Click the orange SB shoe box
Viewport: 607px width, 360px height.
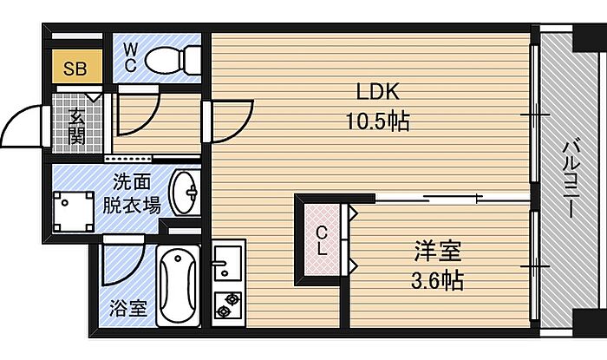[76, 67]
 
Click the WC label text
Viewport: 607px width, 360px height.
[131, 57]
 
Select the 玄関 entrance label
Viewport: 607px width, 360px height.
[76, 125]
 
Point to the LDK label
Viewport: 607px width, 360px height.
[377, 92]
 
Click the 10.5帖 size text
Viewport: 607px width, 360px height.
[377, 121]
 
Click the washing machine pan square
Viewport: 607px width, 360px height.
[74, 213]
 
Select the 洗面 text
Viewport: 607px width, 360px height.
[132, 182]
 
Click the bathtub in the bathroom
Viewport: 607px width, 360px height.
[178, 286]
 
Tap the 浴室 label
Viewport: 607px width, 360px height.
[128, 308]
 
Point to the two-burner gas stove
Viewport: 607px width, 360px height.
[228, 305]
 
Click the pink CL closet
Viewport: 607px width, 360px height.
[322, 240]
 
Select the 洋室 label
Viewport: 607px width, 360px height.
[438, 252]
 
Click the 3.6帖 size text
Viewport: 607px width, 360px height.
[437, 281]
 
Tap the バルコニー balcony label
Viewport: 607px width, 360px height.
[571, 179]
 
